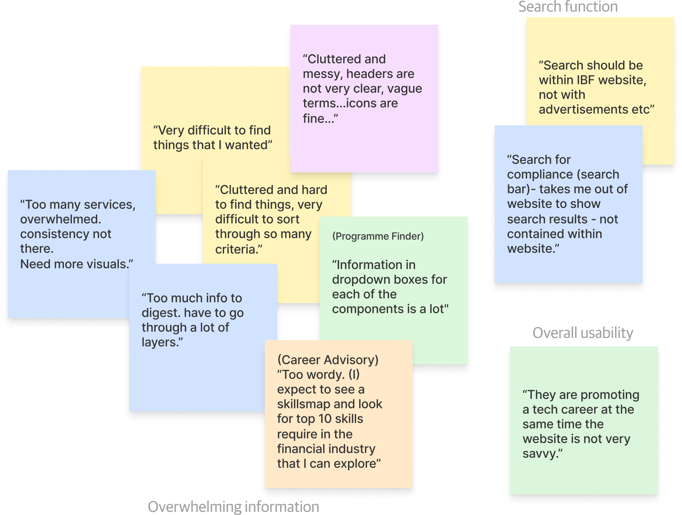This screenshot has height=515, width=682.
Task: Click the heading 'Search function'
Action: coord(568,7)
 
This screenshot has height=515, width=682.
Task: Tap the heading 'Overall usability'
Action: coord(583,333)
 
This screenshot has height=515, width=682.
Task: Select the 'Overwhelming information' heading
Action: coord(233,506)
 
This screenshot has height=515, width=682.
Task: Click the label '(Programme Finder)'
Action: coord(378,236)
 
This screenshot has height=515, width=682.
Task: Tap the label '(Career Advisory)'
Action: coord(328,360)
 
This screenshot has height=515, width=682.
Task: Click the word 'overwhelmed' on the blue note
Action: coord(60,219)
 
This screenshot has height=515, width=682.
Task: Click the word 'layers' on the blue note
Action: coord(159,342)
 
